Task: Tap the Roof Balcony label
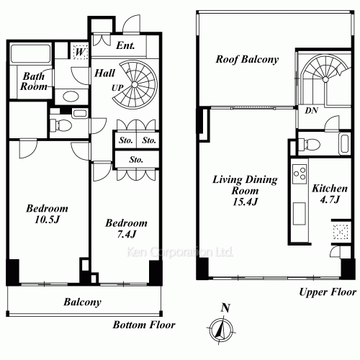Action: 247,59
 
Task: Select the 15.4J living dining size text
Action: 245,202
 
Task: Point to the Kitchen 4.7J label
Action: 330,194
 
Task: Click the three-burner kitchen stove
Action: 300,174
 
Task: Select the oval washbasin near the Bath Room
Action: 71,96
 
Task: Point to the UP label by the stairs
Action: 117,88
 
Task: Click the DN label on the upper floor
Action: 312,110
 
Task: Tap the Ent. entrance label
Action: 125,45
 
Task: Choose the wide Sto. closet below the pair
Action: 136,159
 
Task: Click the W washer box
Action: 79,52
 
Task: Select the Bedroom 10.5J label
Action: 47,214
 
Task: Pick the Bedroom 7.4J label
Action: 127,228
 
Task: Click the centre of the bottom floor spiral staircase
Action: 135,85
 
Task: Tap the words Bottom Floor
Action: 144,325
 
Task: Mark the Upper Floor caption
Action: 328,292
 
